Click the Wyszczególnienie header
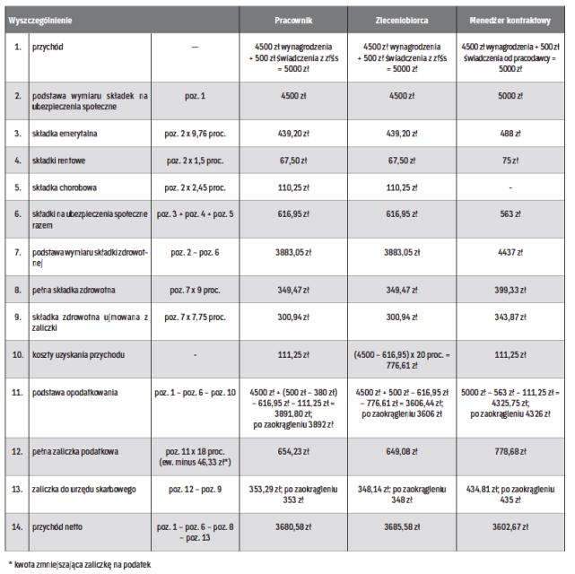click(42, 19)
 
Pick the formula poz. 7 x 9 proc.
click(194, 291)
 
